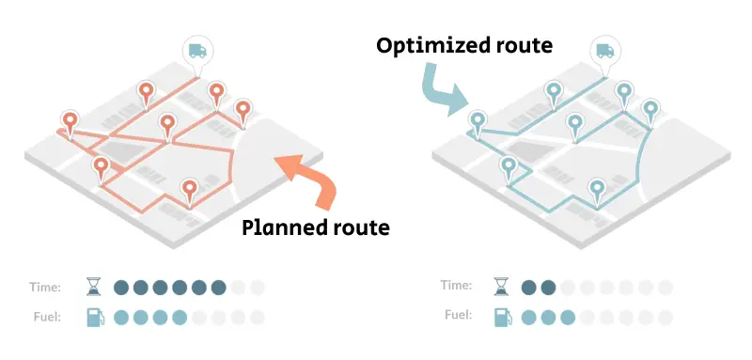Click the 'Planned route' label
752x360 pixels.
coord(316,227)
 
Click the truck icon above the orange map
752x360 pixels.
coord(197,52)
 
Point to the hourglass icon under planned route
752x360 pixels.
coord(94,288)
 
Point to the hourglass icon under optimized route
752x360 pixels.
coord(501,288)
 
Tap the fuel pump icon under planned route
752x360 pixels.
coord(94,317)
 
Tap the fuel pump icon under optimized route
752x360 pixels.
coord(501,317)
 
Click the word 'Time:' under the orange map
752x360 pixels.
coord(45,288)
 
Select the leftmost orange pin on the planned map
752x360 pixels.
coord(70,121)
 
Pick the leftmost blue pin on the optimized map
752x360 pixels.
coord(478,121)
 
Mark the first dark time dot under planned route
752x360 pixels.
coord(121,288)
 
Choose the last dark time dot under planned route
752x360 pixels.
coord(219,288)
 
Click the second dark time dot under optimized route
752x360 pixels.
coord(548,288)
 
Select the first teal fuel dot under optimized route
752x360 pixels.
coord(528,317)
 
